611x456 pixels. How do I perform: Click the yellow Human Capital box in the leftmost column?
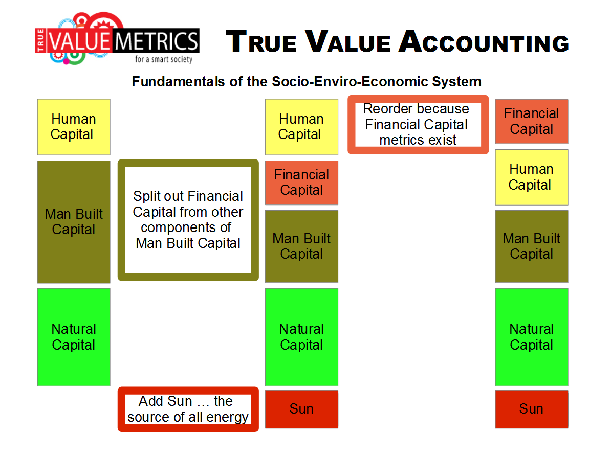coord(74,127)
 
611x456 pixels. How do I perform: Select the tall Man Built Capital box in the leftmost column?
coord(74,221)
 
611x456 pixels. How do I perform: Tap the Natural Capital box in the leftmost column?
coord(74,337)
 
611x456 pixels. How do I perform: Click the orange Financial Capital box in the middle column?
coord(301,183)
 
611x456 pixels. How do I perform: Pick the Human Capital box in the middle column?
coord(301,127)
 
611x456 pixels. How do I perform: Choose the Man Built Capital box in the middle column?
coord(301,246)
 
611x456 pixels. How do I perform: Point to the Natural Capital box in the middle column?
coord(301,337)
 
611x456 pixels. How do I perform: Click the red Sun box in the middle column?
coord(301,409)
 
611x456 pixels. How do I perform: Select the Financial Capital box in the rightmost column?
coord(532,122)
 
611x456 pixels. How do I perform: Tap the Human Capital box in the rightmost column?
coord(532,177)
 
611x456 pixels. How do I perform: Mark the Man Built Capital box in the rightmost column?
coord(532,246)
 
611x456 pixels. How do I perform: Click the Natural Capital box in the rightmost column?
coord(532,337)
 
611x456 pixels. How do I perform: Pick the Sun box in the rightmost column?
coord(532,409)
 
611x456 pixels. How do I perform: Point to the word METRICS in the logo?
coord(157,41)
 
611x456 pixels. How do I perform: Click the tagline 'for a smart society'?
coord(164,59)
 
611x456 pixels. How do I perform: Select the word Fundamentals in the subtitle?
coord(179,82)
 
